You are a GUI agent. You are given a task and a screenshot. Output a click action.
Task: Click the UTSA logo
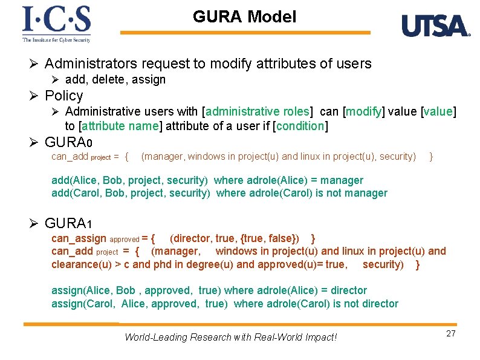[435, 26]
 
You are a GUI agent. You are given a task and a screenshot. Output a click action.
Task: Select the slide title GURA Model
[244, 17]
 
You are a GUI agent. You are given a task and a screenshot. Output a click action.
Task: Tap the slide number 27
[450, 334]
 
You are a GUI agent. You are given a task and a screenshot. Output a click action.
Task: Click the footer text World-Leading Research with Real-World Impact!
[230, 337]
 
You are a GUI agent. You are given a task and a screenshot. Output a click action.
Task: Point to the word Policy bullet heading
[63, 96]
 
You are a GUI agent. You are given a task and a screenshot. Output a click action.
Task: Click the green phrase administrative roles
[258, 111]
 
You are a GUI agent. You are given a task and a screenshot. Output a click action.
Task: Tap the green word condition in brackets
[300, 126]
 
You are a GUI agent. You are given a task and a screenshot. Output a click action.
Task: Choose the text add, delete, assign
[115, 80]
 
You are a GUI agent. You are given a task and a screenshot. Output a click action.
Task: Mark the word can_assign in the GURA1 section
[79, 238]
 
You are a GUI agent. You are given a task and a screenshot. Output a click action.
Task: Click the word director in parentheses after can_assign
[189, 238]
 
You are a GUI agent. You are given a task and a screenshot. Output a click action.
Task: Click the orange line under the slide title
[245, 33]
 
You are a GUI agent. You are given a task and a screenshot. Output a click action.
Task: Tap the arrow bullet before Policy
[34, 96]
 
